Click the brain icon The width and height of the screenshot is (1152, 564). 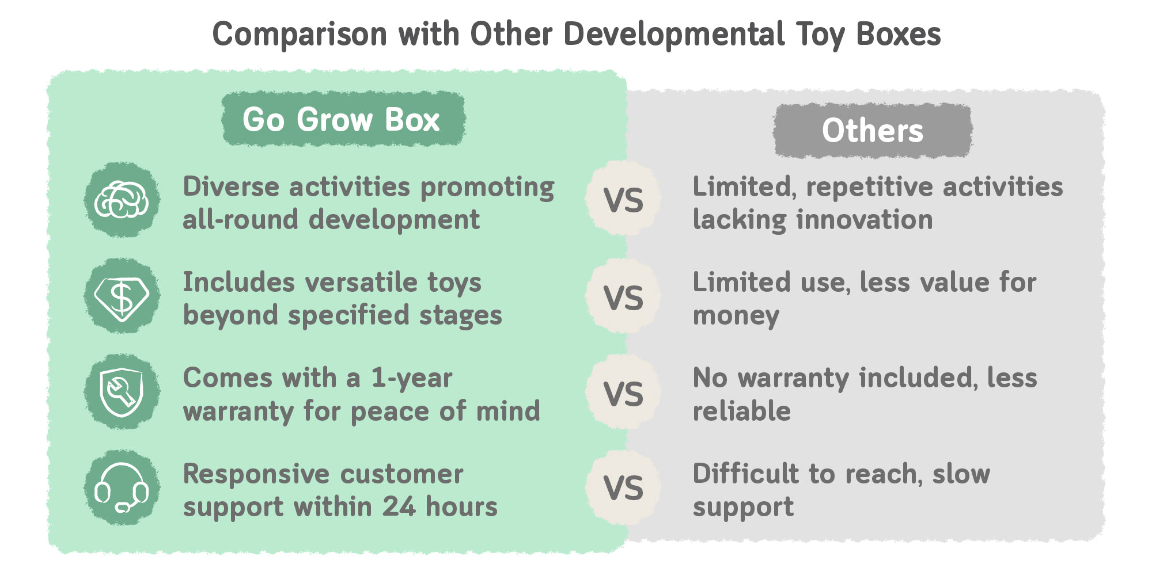coord(122,200)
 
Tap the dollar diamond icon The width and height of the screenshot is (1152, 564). coord(122,296)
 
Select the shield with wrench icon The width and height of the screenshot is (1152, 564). coord(122,392)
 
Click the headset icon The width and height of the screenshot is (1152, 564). coord(122,487)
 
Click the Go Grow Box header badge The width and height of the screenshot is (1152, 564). coord(343,119)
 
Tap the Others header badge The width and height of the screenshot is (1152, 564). coord(873,131)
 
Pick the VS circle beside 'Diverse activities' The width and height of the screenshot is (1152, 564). coord(623,199)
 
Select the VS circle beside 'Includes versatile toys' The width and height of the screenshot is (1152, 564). coord(623,296)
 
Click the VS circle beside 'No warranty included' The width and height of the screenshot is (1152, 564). coord(623,392)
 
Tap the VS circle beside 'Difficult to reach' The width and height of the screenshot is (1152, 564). coord(623,487)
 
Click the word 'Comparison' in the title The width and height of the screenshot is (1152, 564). coord(300,35)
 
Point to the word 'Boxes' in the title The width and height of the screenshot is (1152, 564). coord(899,34)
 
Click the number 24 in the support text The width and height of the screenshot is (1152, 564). coord(399,506)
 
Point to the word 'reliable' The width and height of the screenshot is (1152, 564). coord(742,411)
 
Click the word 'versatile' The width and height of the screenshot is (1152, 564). coord(361,282)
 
